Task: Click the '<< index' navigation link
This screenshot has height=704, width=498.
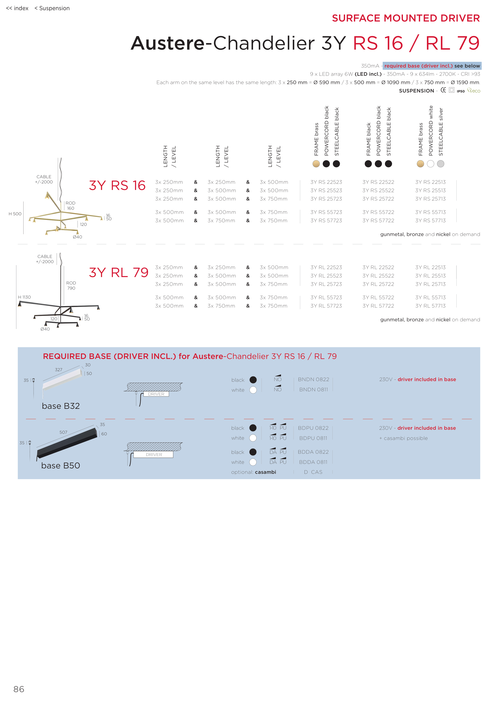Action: (17, 8)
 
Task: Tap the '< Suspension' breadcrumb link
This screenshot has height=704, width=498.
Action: (52, 8)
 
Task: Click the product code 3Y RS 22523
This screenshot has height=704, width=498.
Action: (326, 182)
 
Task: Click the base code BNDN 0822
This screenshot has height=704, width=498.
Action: (313, 380)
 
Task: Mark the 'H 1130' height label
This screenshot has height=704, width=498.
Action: (24, 297)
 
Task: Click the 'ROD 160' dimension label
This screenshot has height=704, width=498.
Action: (70, 206)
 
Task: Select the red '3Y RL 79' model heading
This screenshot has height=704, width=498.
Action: (118, 273)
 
